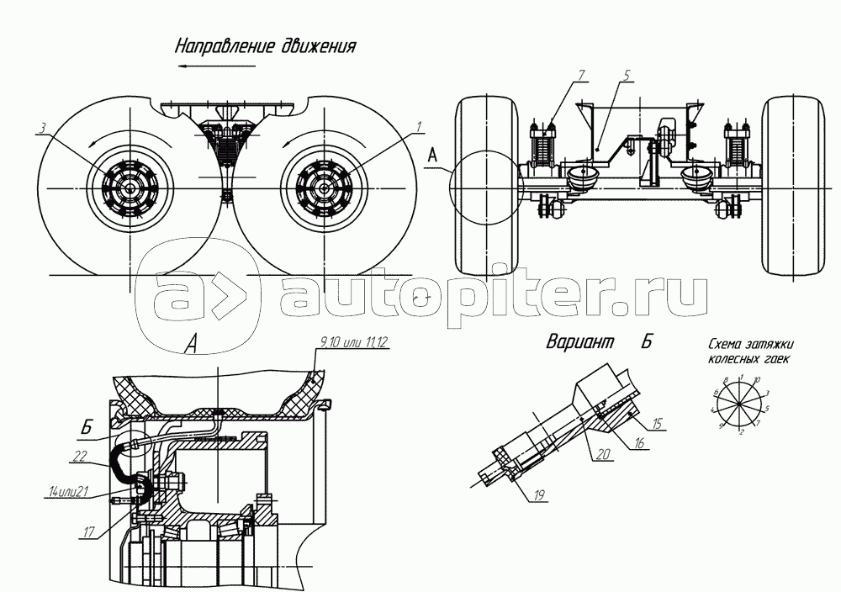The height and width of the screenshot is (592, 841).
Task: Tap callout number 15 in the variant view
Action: pyautogui.click(x=658, y=422)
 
